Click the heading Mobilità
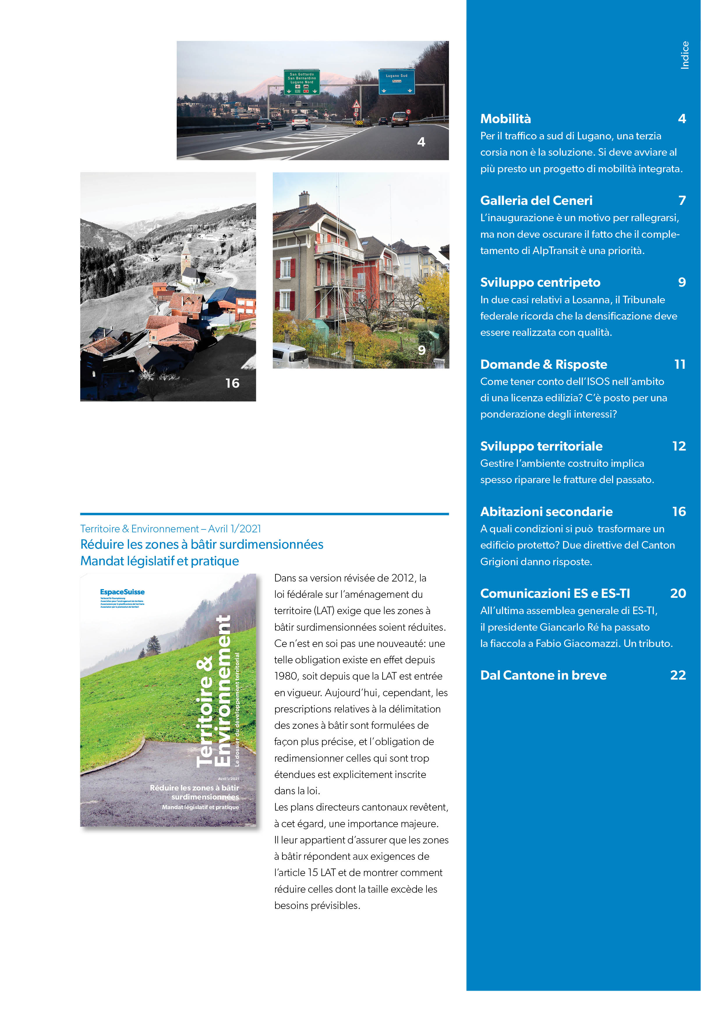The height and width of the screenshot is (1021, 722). (x=505, y=119)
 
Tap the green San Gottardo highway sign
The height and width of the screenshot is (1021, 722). (x=302, y=81)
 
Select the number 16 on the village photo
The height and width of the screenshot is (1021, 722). (x=232, y=383)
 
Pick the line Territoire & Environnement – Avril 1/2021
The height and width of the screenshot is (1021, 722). (x=170, y=529)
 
